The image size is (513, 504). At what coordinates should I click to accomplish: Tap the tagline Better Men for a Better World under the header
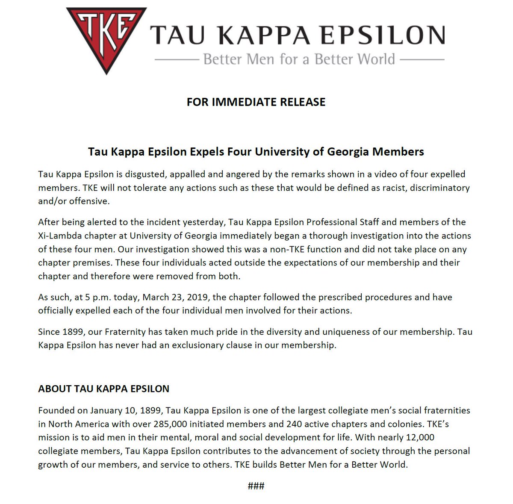click(299, 59)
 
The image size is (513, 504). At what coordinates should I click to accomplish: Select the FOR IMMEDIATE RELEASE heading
click(256, 102)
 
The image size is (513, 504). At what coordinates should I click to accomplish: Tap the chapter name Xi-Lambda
click(61, 236)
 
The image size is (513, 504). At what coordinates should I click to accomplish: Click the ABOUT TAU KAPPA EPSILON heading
click(103, 389)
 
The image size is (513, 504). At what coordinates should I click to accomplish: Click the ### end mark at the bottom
click(256, 486)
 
